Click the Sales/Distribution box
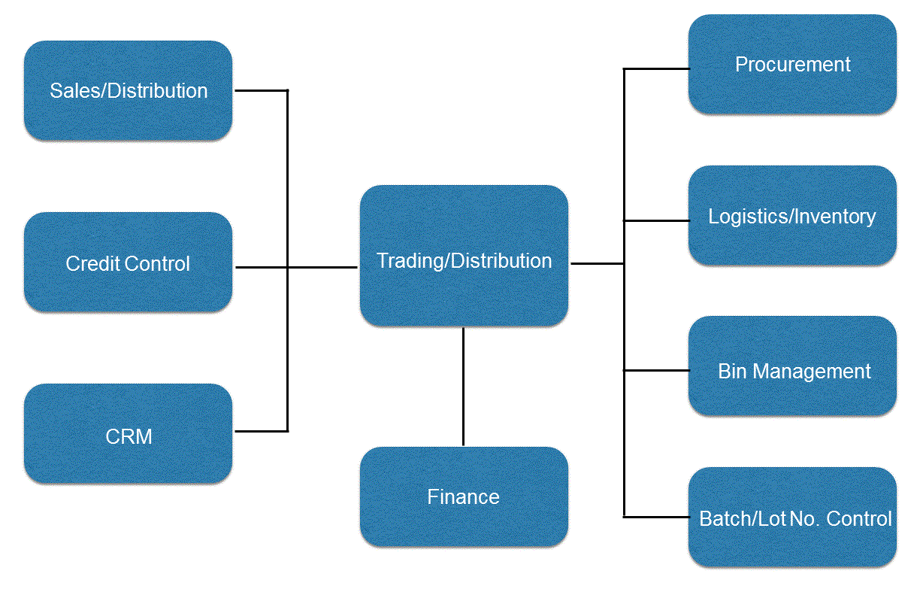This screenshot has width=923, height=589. click(128, 90)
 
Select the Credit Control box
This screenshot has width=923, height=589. click(128, 262)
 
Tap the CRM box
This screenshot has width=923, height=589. click(128, 433)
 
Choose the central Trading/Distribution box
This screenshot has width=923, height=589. click(464, 256)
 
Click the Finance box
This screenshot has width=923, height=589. click(464, 496)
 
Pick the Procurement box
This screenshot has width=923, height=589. click(792, 65)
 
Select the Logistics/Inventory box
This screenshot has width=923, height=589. click(792, 215)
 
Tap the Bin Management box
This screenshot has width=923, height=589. click(792, 366)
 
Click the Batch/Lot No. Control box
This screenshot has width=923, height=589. click(792, 517)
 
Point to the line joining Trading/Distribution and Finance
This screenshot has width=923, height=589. click(463, 387)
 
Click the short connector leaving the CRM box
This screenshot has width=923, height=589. click(262, 431)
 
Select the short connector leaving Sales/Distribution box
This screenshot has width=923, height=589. click(262, 90)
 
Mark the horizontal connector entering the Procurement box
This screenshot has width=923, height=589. click(656, 68)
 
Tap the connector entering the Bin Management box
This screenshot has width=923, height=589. click(656, 370)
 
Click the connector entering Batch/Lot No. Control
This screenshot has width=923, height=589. click(656, 516)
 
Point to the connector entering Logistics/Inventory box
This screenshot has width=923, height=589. click(656, 220)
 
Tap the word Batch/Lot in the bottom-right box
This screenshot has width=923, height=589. click(743, 519)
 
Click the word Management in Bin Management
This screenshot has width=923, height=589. click(812, 372)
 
